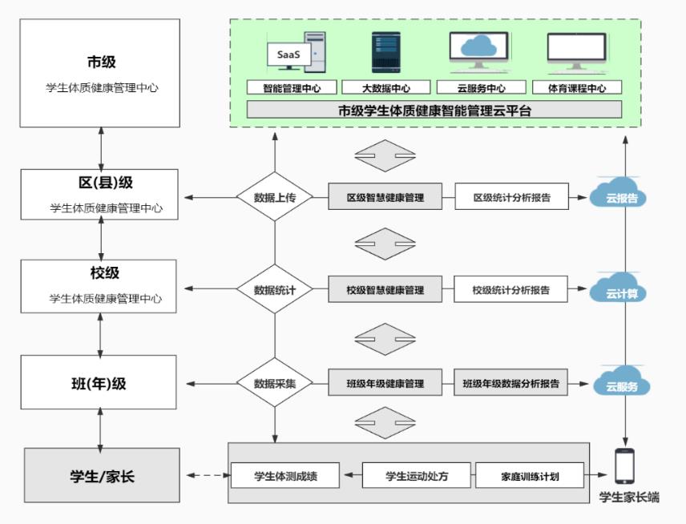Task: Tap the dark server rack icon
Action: pyautogui.click(x=385, y=53)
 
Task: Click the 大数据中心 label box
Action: pyautogui.click(x=386, y=87)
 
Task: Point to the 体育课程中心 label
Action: pyautogui.click(x=576, y=87)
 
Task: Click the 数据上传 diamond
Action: pyautogui.click(x=275, y=197)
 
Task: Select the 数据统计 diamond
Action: pyautogui.click(x=275, y=290)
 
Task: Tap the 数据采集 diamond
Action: pyautogui.click(x=275, y=384)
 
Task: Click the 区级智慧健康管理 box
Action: pyautogui.click(x=385, y=197)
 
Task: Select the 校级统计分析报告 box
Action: pyautogui.click(x=511, y=290)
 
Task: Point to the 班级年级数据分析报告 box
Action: pyautogui.click(x=511, y=384)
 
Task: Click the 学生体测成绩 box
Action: pyautogui.click(x=285, y=476)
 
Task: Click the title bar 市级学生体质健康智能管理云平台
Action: pyautogui.click(x=434, y=111)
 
